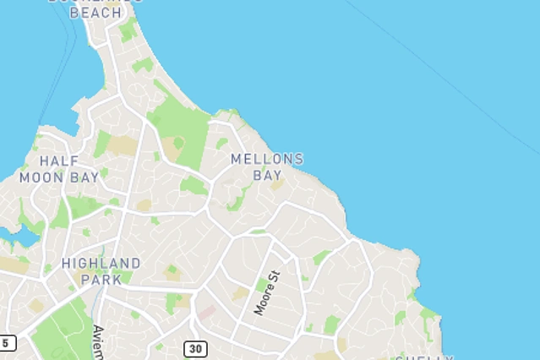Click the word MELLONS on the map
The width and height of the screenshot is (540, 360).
pyautogui.click(x=267, y=159)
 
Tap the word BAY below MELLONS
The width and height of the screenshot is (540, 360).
pyautogui.click(x=267, y=176)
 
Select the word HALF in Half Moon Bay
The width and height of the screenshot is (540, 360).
pyautogui.click(x=59, y=161)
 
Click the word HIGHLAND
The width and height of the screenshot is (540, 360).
pyautogui.click(x=101, y=263)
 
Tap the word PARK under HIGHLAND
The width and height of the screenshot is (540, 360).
pyautogui.click(x=101, y=278)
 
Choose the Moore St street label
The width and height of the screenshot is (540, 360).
pyautogui.click(x=267, y=292)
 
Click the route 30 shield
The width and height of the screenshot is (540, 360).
pyautogui.click(x=196, y=348)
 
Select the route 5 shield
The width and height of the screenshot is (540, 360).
pyautogui.click(x=7, y=343)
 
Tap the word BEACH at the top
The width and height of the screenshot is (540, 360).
pyautogui.click(x=95, y=13)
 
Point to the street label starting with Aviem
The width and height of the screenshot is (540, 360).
pyautogui.click(x=99, y=342)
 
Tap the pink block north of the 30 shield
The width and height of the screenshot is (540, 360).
pyautogui.click(x=206, y=314)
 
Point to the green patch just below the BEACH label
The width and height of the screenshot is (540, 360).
pyautogui.click(x=128, y=31)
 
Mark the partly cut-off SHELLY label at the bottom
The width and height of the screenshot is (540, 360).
pyautogui.click(x=423, y=357)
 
